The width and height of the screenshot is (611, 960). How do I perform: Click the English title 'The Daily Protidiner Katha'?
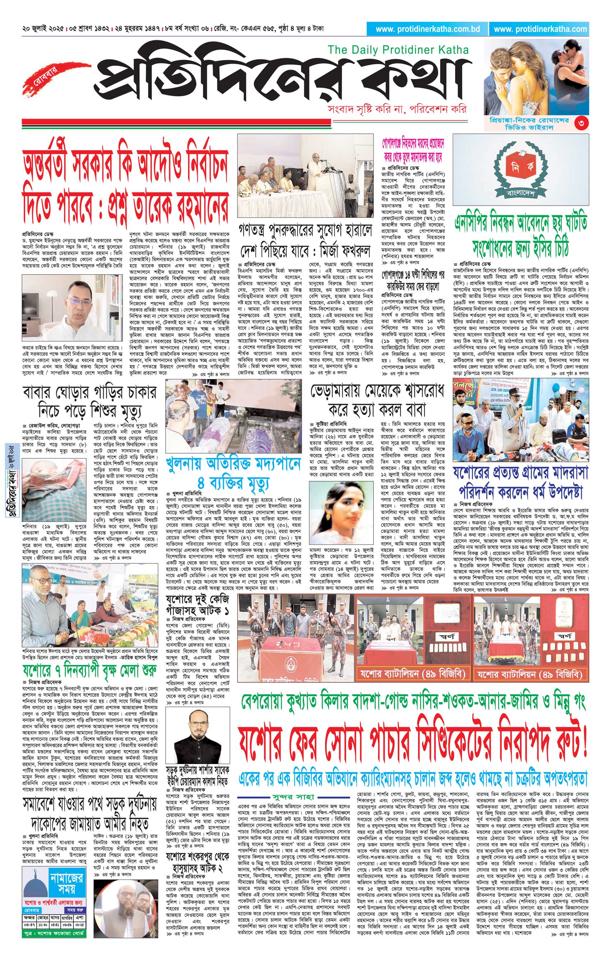click(398, 50)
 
